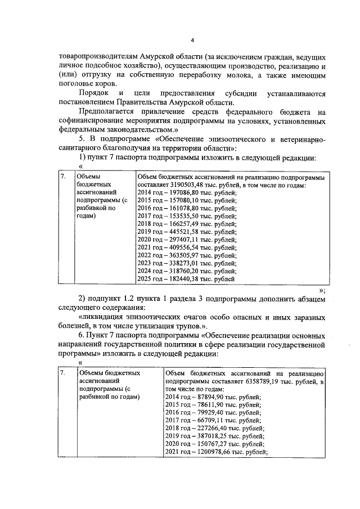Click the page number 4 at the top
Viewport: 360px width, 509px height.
(192, 40)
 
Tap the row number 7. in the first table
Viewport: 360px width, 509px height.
(64, 177)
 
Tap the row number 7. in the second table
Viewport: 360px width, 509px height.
(64, 373)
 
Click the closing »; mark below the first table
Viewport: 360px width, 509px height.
(322, 290)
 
